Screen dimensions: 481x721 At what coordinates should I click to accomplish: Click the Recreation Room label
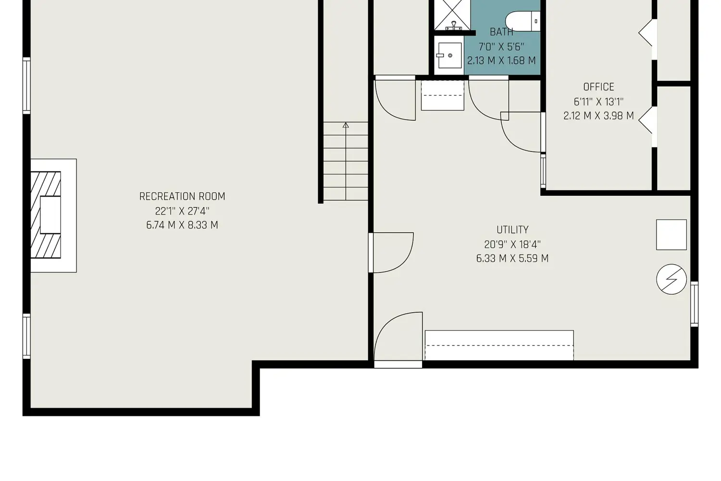[182, 196]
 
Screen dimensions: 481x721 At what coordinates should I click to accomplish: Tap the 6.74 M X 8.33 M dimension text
[182, 225]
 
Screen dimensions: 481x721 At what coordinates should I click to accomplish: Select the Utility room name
[512, 230]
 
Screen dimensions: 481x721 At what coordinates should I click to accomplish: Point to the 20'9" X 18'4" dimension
[512, 244]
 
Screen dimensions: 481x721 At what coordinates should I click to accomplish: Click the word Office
[598, 87]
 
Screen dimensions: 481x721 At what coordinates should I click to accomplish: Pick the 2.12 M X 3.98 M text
[598, 116]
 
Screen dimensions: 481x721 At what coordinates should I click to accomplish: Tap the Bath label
[501, 32]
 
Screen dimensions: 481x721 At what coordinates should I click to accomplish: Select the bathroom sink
[449, 56]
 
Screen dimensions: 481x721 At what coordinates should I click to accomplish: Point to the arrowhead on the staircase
[346, 125]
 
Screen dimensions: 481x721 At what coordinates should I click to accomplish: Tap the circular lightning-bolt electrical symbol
[671, 279]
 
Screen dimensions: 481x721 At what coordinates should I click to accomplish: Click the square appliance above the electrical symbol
[671, 235]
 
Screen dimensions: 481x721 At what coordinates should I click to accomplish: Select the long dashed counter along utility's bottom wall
[499, 345]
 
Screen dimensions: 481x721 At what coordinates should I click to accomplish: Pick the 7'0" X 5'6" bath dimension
[501, 47]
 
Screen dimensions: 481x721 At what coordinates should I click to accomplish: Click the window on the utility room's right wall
[694, 304]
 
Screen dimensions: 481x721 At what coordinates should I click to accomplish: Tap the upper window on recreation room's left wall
[27, 86]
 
